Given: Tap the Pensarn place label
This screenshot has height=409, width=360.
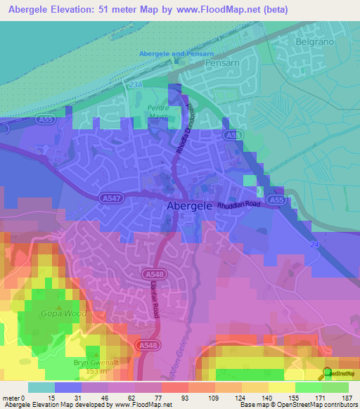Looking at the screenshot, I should pos(224,63).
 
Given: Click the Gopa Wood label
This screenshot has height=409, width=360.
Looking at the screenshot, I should pos(53,313).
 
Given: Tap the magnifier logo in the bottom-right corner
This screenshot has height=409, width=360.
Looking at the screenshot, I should pos(327,373).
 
